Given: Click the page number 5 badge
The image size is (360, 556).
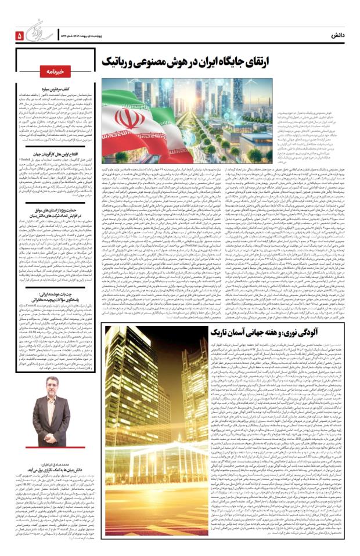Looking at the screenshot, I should coord(18,35).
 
